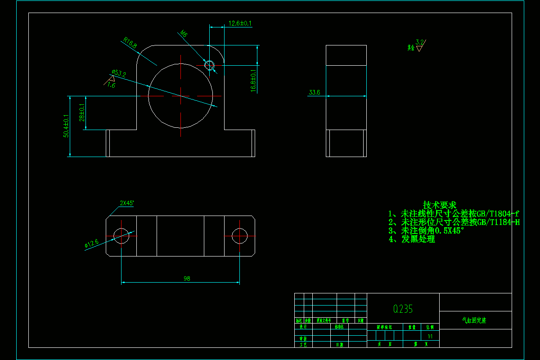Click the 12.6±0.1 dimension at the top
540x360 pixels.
pyautogui.click(x=240, y=23)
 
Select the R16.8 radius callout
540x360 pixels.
pyautogui.click(x=130, y=43)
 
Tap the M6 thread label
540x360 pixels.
pyautogui.click(x=184, y=34)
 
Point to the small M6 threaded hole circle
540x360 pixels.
pyautogui.click(x=209, y=65)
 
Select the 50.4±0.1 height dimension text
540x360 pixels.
pyautogui.click(x=67, y=126)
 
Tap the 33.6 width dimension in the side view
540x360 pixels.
pyautogui.click(x=314, y=93)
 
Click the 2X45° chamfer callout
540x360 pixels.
pyautogui.click(x=127, y=203)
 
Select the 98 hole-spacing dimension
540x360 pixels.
pyautogui.click(x=187, y=279)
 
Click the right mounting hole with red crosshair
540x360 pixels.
pyautogui.click(x=239, y=235)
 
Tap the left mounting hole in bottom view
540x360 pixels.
pyautogui.click(x=121, y=235)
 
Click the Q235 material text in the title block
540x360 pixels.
pyautogui.click(x=403, y=309)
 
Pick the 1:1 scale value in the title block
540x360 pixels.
pyautogui.click(x=430, y=336)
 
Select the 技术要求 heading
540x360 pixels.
pyautogui.click(x=439, y=205)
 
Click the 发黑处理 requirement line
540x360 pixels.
pyautogui.click(x=412, y=239)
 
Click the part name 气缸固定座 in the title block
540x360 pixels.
pyautogui.click(x=475, y=321)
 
